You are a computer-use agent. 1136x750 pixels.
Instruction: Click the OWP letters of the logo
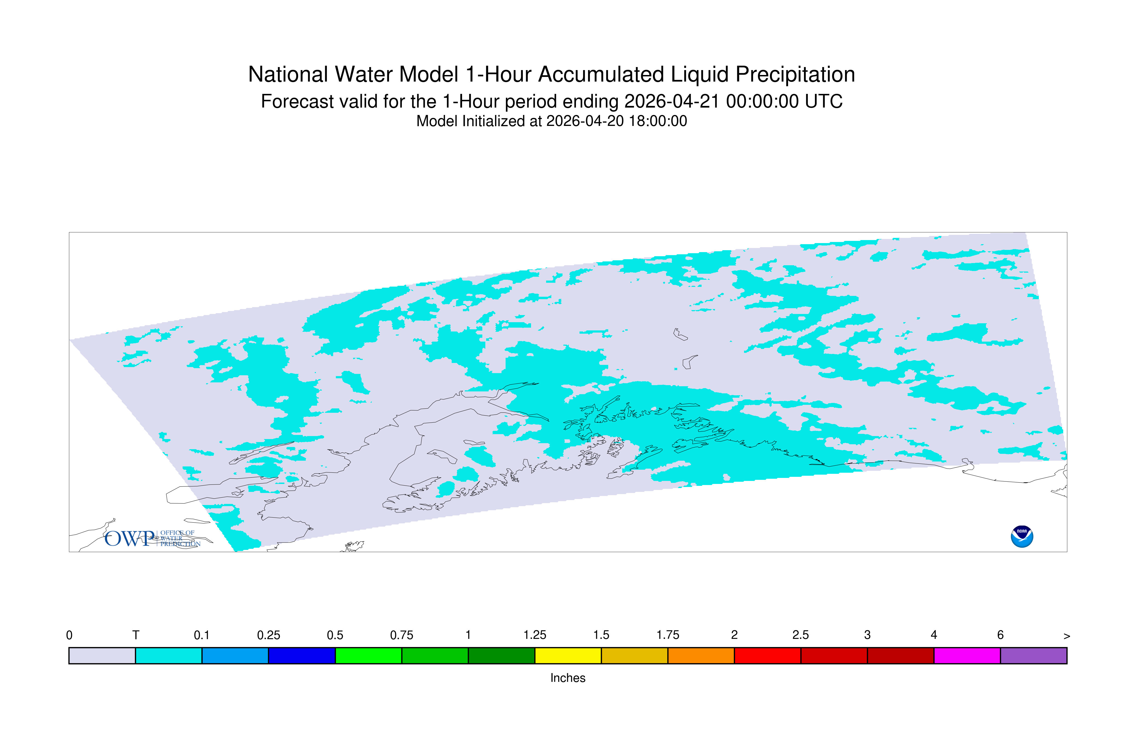[130, 539]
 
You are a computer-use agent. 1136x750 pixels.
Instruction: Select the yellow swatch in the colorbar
[568, 656]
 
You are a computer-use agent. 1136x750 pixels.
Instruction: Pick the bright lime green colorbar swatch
[368, 656]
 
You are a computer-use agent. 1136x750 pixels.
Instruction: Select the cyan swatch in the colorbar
[169, 656]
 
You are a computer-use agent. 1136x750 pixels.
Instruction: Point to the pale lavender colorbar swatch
[102, 656]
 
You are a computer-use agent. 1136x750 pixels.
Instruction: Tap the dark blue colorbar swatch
[302, 656]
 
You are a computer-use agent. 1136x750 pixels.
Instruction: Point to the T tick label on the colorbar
[136, 635]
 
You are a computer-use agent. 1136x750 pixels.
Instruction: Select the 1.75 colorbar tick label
[668, 635]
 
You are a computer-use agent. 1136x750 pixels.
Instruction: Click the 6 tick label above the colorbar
[1000, 635]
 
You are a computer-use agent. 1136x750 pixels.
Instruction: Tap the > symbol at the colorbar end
[1067, 636]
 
